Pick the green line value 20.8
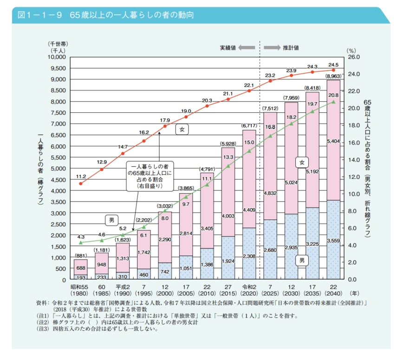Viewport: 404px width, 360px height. point(333,95)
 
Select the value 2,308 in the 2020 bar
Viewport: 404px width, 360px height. point(249,255)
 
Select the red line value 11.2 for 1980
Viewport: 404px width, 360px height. point(81,177)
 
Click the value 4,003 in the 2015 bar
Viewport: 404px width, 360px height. point(228,216)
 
